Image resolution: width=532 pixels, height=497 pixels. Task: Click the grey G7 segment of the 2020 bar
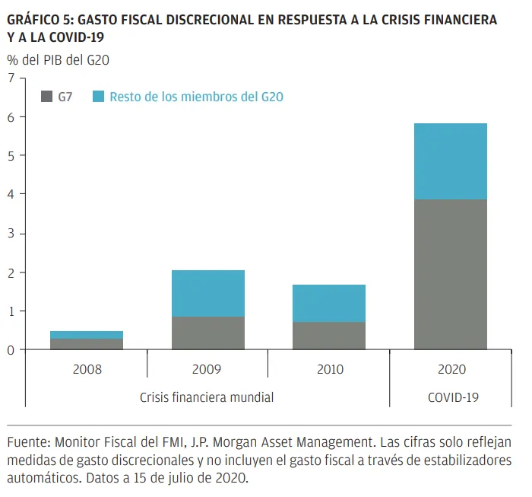(450, 274)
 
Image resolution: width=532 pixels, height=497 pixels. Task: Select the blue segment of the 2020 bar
(450, 161)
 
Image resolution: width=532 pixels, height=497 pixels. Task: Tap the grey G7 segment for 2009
(207, 333)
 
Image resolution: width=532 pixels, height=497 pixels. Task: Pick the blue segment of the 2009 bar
(207, 293)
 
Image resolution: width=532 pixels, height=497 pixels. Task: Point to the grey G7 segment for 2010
(329, 336)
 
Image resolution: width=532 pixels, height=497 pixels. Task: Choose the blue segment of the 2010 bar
(329, 303)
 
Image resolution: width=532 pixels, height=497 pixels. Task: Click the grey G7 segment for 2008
(87, 344)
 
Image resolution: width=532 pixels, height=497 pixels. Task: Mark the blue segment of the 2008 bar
(87, 335)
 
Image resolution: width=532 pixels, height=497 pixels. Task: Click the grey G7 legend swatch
(46, 97)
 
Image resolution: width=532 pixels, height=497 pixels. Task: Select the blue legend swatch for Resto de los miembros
(98, 97)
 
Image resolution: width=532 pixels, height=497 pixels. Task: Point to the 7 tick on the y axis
(11, 78)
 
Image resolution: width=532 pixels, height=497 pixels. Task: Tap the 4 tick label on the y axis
(11, 194)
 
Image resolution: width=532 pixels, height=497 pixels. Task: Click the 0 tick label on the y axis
(11, 349)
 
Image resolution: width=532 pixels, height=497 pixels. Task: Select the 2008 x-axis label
(87, 370)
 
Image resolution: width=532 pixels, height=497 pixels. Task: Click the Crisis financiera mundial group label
(207, 397)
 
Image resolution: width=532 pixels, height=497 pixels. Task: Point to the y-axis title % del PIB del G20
(59, 59)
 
